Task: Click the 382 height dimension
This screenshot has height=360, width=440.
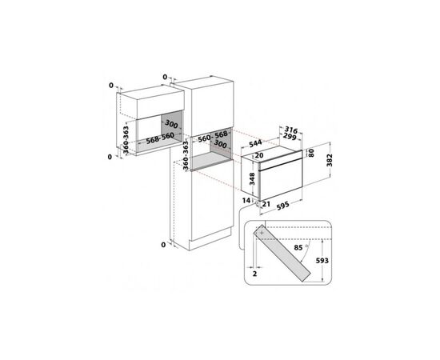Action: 330,160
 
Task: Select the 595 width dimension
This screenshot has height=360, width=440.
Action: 283,206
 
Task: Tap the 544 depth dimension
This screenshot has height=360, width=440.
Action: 255,143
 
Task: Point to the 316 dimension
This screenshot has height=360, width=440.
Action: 291,130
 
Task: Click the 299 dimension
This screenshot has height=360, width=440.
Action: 290,137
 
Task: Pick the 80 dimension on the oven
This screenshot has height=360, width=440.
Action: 311,153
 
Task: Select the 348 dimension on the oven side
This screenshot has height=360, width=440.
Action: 252,179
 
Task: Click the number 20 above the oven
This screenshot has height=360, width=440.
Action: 258,155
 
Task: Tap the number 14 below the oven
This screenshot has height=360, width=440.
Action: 246,200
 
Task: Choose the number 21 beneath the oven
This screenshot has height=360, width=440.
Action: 266,204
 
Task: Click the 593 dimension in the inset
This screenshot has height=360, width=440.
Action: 322,261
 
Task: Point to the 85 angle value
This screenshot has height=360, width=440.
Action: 298,247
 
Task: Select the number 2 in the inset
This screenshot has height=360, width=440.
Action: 254,274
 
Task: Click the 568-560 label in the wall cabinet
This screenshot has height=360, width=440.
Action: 160,138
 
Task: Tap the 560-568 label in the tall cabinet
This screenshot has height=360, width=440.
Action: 213,136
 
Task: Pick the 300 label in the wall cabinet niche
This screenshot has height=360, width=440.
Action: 171,124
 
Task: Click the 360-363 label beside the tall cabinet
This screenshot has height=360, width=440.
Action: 186,155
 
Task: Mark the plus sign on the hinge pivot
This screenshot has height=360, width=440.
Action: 262,233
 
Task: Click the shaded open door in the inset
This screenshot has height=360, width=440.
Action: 282,253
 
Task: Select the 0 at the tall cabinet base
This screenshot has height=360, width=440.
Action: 163,245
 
